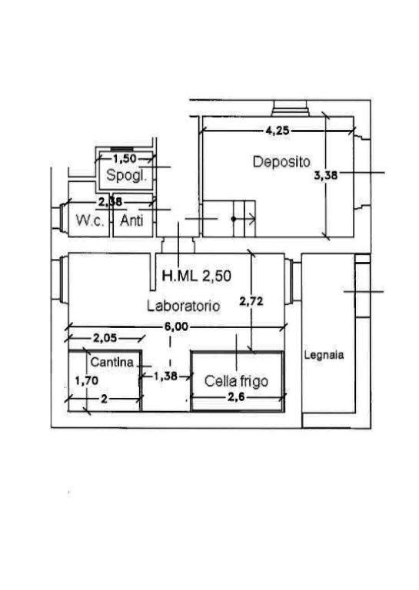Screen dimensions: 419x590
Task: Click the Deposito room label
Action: pos(281,162)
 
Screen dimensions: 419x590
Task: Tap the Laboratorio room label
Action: pos(183,306)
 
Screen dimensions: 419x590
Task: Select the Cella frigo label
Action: pos(237,381)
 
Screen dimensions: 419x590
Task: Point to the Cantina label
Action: pos(112,362)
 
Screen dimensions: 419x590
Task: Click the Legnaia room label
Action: pos(324,355)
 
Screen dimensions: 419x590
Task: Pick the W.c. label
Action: pos(90,220)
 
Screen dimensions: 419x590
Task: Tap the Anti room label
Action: pos(131,220)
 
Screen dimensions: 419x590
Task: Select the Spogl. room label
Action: pos(127,175)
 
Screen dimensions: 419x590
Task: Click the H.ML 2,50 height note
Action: pos(197,276)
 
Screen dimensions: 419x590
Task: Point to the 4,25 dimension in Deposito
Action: pos(278,131)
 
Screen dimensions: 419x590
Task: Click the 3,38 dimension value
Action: pos(326,175)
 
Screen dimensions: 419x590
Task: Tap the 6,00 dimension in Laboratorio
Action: pos(176,326)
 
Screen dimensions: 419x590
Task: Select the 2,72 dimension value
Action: pos(251,301)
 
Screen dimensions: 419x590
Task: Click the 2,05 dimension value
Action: pos(105,338)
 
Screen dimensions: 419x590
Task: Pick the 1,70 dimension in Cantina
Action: pos(87,381)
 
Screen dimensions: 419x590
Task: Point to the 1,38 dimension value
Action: pos(165,376)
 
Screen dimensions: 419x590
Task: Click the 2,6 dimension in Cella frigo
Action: pos(237,396)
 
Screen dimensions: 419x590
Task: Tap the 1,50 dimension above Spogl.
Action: pos(125,159)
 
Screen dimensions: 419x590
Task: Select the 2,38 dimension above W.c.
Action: pos(110,202)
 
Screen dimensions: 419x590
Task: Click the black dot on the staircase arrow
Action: pos(234,219)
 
